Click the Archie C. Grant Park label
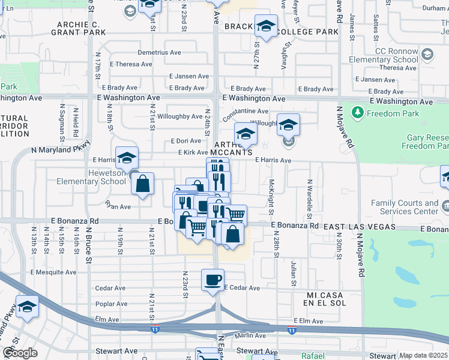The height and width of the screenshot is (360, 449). point(82,29)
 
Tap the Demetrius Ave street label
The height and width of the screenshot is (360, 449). point(159,53)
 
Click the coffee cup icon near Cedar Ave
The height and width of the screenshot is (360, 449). point(213,280)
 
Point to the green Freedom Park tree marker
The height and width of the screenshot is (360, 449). point(357,112)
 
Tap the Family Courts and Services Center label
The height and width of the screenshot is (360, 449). point(404,208)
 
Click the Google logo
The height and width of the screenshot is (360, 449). point(20,353)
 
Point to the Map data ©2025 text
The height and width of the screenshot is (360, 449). point(423,355)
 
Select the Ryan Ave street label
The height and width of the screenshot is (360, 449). point(118,206)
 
